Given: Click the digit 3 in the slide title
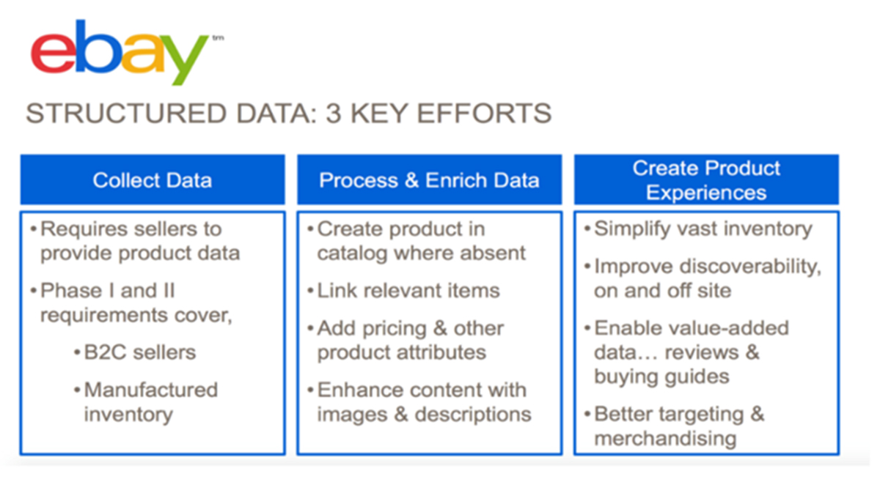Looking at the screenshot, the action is point(333,114).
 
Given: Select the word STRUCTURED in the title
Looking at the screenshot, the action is point(126,114).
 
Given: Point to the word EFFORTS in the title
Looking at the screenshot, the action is point(484,114).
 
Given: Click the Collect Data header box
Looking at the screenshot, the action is point(153,179).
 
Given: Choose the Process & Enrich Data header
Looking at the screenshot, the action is point(430,179).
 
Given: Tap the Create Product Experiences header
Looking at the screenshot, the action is point(706,179).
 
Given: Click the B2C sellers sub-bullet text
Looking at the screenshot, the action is point(140,352).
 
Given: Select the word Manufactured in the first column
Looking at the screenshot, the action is point(151,390).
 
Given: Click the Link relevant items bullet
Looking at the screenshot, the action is point(408,291).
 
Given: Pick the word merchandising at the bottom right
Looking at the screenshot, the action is point(665,439).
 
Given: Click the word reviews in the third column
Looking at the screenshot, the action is point(702,352).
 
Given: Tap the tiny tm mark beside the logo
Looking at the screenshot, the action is point(218,38).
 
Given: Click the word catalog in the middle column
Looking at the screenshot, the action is point(353,253).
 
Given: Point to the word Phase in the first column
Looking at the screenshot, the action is point(72,291).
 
